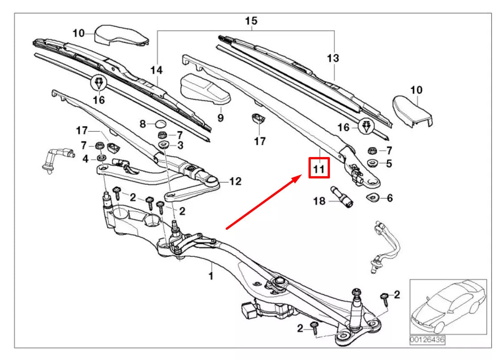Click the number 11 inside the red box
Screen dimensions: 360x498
[319, 169]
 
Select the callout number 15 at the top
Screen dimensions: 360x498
[251, 21]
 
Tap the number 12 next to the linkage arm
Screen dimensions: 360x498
[235, 181]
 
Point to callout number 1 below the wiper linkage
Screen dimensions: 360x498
[210, 277]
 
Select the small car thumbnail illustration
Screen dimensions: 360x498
[448, 306]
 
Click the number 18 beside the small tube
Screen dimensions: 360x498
[320, 202]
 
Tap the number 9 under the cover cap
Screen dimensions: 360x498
[220, 118]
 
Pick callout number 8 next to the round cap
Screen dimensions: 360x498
[143, 124]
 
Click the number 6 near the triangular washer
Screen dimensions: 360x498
[390, 198]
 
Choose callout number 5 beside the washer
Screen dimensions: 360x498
[389, 164]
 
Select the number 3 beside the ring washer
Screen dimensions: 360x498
[180, 145]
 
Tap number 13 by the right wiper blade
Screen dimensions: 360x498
[333, 58]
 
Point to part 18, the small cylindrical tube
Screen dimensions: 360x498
[343, 197]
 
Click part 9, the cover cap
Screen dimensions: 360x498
[205, 89]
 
